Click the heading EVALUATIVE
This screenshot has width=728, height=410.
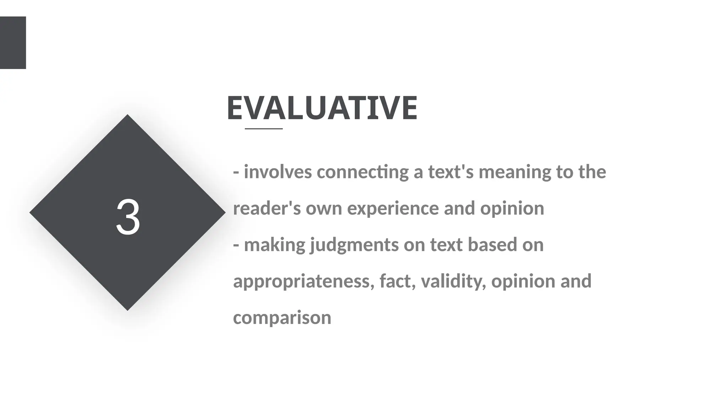(322, 108)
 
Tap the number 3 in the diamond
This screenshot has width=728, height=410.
(128, 217)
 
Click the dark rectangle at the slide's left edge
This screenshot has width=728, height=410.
(13, 42)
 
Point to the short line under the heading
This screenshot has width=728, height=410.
(264, 128)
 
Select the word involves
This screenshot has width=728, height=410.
(278, 172)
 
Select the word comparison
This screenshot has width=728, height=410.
(282, 318)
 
